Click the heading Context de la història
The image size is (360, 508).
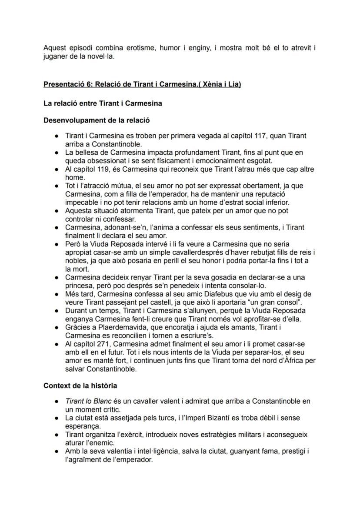[80, 385]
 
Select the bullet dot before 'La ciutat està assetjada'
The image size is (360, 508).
[57, 418]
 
